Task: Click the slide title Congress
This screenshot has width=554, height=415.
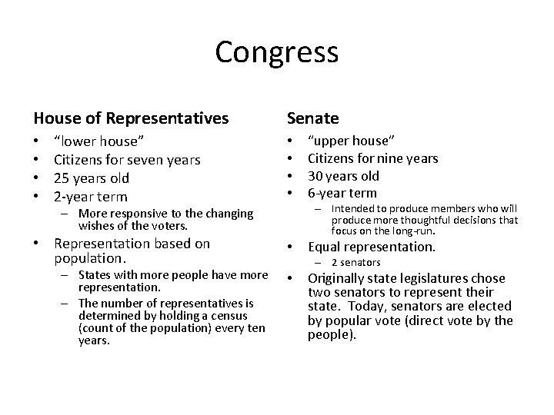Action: [x=276, y=52]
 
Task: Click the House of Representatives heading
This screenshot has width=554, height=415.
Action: [x=131, y=118]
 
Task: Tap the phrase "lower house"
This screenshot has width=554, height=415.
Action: [x=98, y=142]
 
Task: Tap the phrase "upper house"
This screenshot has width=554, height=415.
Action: [x=352, y=141]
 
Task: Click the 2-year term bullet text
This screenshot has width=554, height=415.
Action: [x=90, y=197]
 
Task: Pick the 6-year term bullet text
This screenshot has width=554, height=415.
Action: [x=342, y=194]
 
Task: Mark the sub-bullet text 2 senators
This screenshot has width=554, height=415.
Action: [x=355, y=263]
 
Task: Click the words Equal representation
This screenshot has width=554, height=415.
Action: [x=372, y=247]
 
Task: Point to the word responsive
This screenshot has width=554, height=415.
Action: [x=130, y=213]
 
